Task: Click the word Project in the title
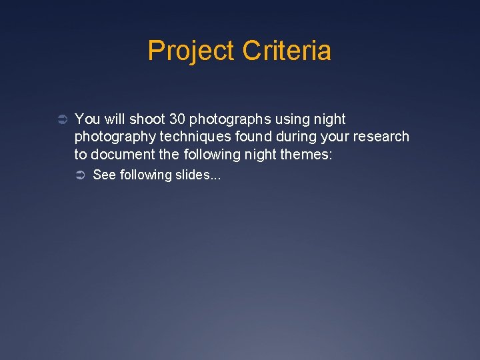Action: pyautogui.click(x=191, y=51)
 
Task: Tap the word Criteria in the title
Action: pyautogui.click(x=287, y=51)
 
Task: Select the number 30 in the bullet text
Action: pyautogui.click(x=177, y=119)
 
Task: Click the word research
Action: pyautogui.click(x=380, y=137)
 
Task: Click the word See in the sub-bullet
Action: pyautogui.click(x=103, y=175)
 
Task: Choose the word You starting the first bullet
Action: pyautogui.click(x=87, y=119)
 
